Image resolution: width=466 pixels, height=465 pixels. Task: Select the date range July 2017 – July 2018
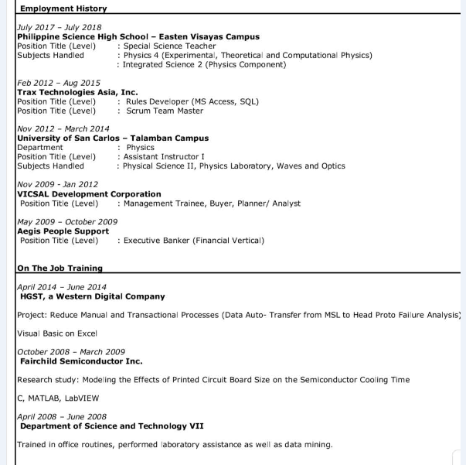[55, 27]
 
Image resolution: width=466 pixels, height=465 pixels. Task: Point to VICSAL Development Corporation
[89, 194]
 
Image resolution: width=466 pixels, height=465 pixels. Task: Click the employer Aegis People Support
[63, 231]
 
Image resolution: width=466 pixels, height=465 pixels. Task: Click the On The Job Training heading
[60, 268]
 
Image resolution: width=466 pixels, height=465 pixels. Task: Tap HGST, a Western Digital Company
[92, 296]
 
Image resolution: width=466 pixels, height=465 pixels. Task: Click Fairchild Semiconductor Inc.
[81, 361]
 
